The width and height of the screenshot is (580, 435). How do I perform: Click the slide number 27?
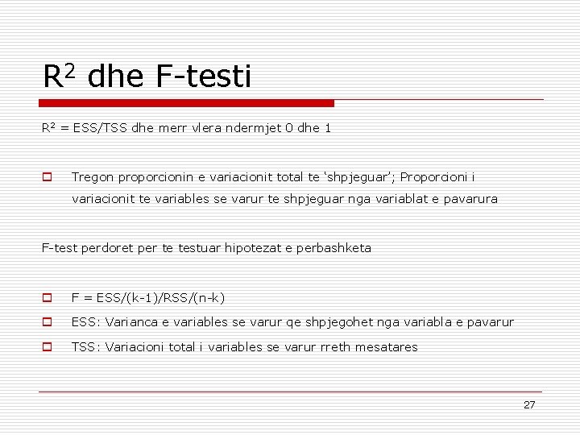tap(528, 405)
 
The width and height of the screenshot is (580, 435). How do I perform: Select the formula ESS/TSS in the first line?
tap(98, 128)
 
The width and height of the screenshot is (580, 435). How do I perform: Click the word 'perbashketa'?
tap(334, 248)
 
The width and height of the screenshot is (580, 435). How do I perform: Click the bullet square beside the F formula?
tap(48, 298)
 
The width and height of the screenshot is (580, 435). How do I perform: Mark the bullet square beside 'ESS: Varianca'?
tap(48, 323)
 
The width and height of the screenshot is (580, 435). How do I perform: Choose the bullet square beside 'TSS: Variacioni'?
tap(48, 347)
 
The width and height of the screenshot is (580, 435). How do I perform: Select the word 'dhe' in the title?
tap(114, 77)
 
